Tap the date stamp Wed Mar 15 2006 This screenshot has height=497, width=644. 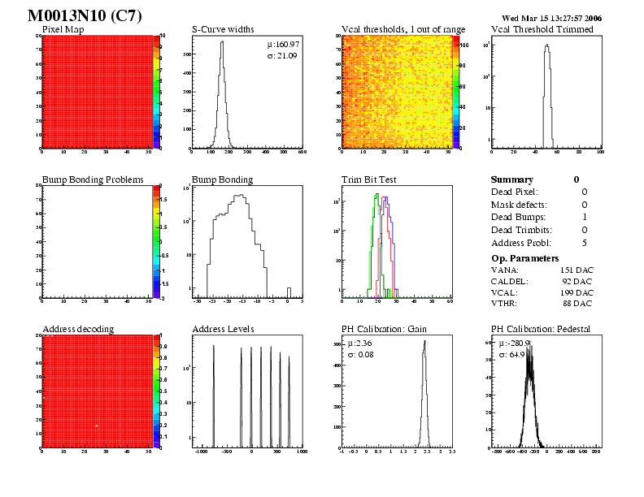(551, 17)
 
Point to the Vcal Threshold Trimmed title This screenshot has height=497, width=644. (542, 29)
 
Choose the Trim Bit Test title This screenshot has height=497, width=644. (368, 179)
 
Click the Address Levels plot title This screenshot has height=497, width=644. (223, 329)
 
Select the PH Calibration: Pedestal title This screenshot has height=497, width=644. (541, 329)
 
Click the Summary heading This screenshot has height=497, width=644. (512, 179)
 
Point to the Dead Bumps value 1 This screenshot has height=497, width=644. (585, 217)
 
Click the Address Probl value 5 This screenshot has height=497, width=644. (585, 243)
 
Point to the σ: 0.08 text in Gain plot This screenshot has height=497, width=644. (359, 355)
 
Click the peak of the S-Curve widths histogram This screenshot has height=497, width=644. (219, 43)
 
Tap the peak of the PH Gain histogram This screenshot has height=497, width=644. (424, 342)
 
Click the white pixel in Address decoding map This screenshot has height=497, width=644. (96, 426)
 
